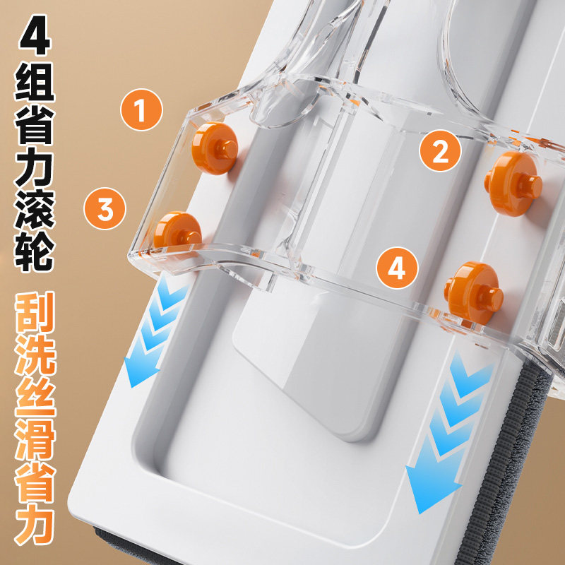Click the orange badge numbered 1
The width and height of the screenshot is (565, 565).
click(141, 109)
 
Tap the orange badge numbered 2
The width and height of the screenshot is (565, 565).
click(440, 150)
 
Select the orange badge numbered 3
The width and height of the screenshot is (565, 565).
click(105, 208)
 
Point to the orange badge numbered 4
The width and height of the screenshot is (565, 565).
click(397, 268)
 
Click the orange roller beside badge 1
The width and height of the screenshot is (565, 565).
click(215, 148)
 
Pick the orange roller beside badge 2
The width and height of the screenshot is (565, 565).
click(513, 184)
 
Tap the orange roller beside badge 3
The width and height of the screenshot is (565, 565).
click(177, 231)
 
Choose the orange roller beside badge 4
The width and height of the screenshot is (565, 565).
click(473, 292)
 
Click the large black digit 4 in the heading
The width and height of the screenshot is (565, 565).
click(35, 35)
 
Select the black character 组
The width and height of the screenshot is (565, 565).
click(35, 82)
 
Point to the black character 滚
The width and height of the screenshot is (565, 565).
click(35, 209)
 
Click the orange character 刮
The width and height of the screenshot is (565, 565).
click(35, 312)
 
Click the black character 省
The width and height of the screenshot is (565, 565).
click(35, 124)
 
